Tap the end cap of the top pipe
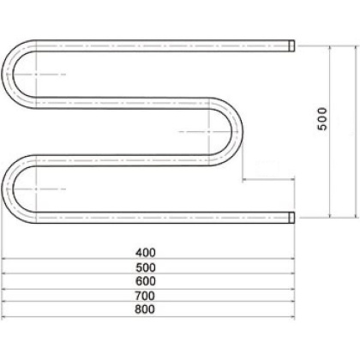coord(291,44)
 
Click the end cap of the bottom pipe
coord(291,217)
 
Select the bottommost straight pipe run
coord(163,217)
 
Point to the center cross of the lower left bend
coord(34,188)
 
